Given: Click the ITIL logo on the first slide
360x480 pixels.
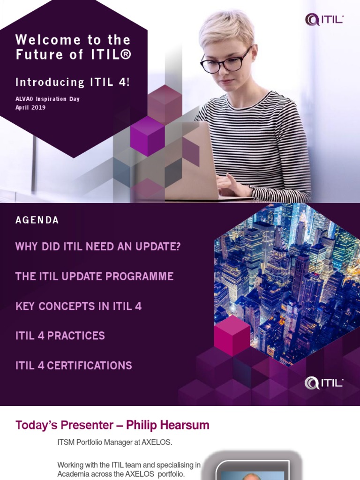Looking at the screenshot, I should [324, 19].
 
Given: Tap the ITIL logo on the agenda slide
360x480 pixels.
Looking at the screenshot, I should [324, 382].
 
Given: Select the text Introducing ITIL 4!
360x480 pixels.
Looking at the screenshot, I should [73, 82].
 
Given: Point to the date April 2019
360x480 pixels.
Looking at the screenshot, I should [30, 107].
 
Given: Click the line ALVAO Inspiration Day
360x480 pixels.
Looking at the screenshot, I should [47, 99].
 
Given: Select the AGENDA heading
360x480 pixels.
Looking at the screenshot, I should [37, 220].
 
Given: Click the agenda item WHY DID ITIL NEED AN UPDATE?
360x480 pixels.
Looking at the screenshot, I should [98, 247].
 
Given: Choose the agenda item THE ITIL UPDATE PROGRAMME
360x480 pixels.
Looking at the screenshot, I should [94, 277].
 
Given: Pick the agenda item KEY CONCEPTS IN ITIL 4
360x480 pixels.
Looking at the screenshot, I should [78, 307].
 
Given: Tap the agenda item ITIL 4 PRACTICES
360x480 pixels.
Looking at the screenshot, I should [60, 336].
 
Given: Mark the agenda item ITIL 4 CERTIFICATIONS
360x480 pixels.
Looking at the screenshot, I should [74, 366].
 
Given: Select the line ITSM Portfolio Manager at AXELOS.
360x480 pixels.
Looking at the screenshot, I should [115, 442].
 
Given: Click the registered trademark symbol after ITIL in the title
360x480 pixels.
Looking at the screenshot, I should [126, 55].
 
